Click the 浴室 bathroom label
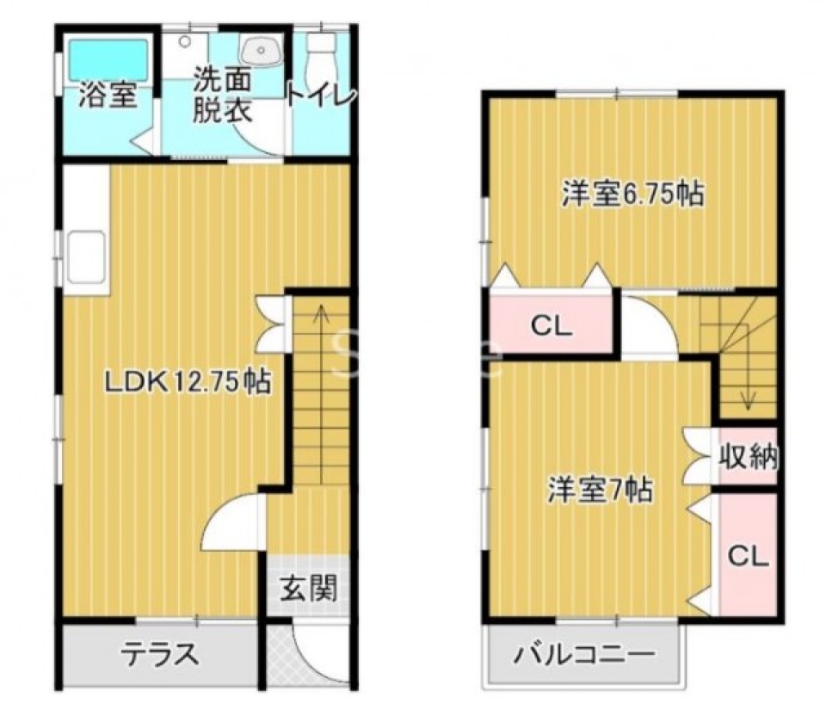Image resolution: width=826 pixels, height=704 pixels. [107, 95]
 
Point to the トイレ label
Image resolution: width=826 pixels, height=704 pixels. [320, 96]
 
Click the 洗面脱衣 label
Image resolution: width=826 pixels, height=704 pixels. [221, 96]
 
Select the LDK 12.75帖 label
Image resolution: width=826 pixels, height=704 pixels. [187, 380]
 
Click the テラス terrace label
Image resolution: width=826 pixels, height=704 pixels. [160, 655]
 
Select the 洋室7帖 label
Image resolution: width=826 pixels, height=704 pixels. [601, 491]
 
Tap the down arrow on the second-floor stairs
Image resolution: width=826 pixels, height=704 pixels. [748, 398]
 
